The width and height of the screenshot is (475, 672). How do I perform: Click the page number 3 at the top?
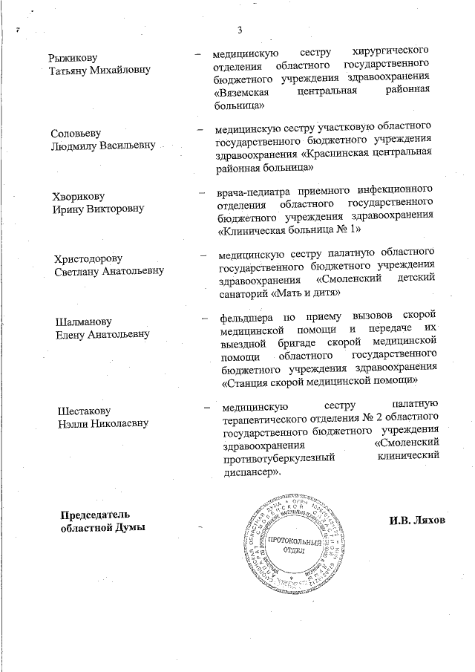coord(239,30)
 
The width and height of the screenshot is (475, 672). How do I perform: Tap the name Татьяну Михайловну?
coord(99,71)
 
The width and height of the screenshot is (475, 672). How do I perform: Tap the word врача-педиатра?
coord(249,192)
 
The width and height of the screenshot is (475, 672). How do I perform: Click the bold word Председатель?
coord(95,515)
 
